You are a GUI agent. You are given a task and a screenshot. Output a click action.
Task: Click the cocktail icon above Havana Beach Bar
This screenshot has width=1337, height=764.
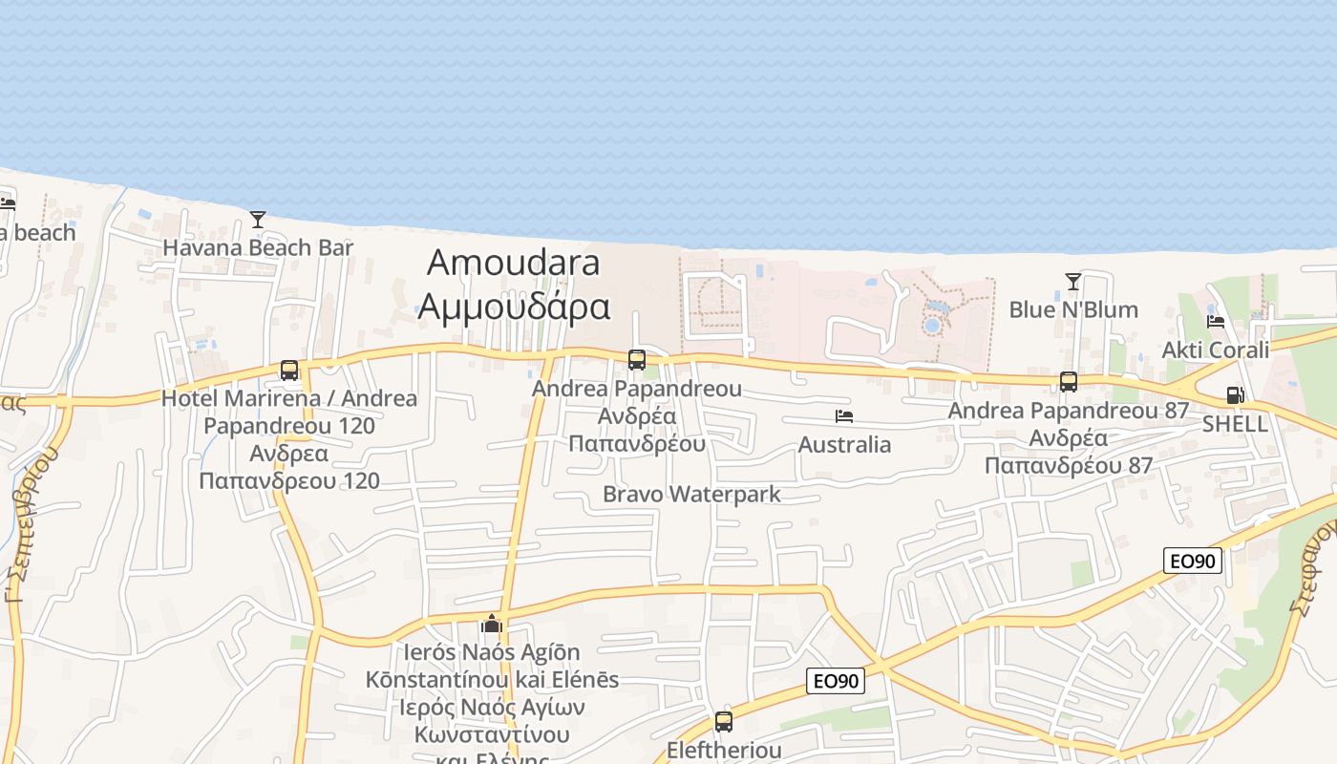[x=258, y=220]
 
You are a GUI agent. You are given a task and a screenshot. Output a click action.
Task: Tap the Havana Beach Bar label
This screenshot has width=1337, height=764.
[x=258, y=248]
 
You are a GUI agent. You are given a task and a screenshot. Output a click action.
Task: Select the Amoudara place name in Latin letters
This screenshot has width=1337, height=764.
[x=514, y=262]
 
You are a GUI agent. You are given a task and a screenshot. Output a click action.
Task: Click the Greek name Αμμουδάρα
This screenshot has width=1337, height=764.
[x=514, y=307]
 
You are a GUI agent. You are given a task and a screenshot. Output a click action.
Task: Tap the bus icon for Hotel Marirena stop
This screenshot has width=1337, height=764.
[x=289, y=371]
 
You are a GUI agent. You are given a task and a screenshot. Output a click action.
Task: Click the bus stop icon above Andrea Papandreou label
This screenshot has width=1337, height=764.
[x=637, y=360]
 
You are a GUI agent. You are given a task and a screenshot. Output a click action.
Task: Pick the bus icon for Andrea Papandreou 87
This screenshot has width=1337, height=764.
[x=1069, y=382]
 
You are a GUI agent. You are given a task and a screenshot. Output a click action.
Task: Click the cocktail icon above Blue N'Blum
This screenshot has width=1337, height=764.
[x=1073, y=282]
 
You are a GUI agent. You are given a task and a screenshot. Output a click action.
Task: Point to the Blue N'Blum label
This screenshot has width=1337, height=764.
[x=1073, y=310]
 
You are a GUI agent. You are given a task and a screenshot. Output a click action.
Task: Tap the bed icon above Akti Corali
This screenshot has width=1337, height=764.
[x=1216, y=322]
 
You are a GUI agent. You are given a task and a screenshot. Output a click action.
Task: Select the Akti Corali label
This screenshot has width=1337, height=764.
[x=1216, y=350]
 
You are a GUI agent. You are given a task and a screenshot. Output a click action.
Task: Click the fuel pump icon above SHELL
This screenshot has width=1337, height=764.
[x=1235, y=395]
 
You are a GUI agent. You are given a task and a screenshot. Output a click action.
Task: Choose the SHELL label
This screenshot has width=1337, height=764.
[x=1235, y=424]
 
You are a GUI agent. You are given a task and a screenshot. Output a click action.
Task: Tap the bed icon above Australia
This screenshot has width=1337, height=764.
[x=844, y=416]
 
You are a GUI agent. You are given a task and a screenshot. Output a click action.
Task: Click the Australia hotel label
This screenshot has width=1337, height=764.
[x=844, y=445]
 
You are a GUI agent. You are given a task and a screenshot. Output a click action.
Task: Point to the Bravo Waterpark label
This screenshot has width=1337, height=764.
[x=691, y=495]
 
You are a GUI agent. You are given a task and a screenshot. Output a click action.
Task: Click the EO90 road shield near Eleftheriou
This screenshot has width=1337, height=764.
[x=836, y=681]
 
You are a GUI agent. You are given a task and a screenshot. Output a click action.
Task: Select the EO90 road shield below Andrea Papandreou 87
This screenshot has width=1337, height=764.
[x=1194, y=561]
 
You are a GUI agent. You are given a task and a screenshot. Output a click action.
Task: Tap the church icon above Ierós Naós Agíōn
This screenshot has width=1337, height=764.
[x=492, y=625]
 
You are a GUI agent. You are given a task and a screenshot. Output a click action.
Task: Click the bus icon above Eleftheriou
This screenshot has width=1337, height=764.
[x=724, y=722]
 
